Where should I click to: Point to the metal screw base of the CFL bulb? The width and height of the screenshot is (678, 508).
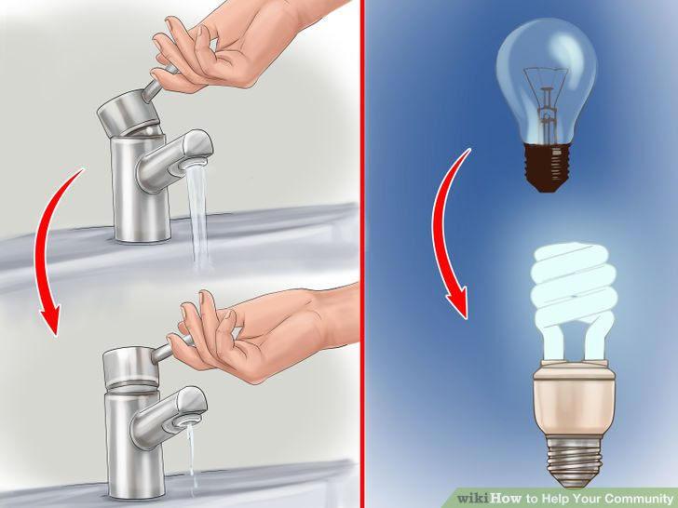571,465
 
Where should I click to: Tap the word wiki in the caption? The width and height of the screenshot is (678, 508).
473,499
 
